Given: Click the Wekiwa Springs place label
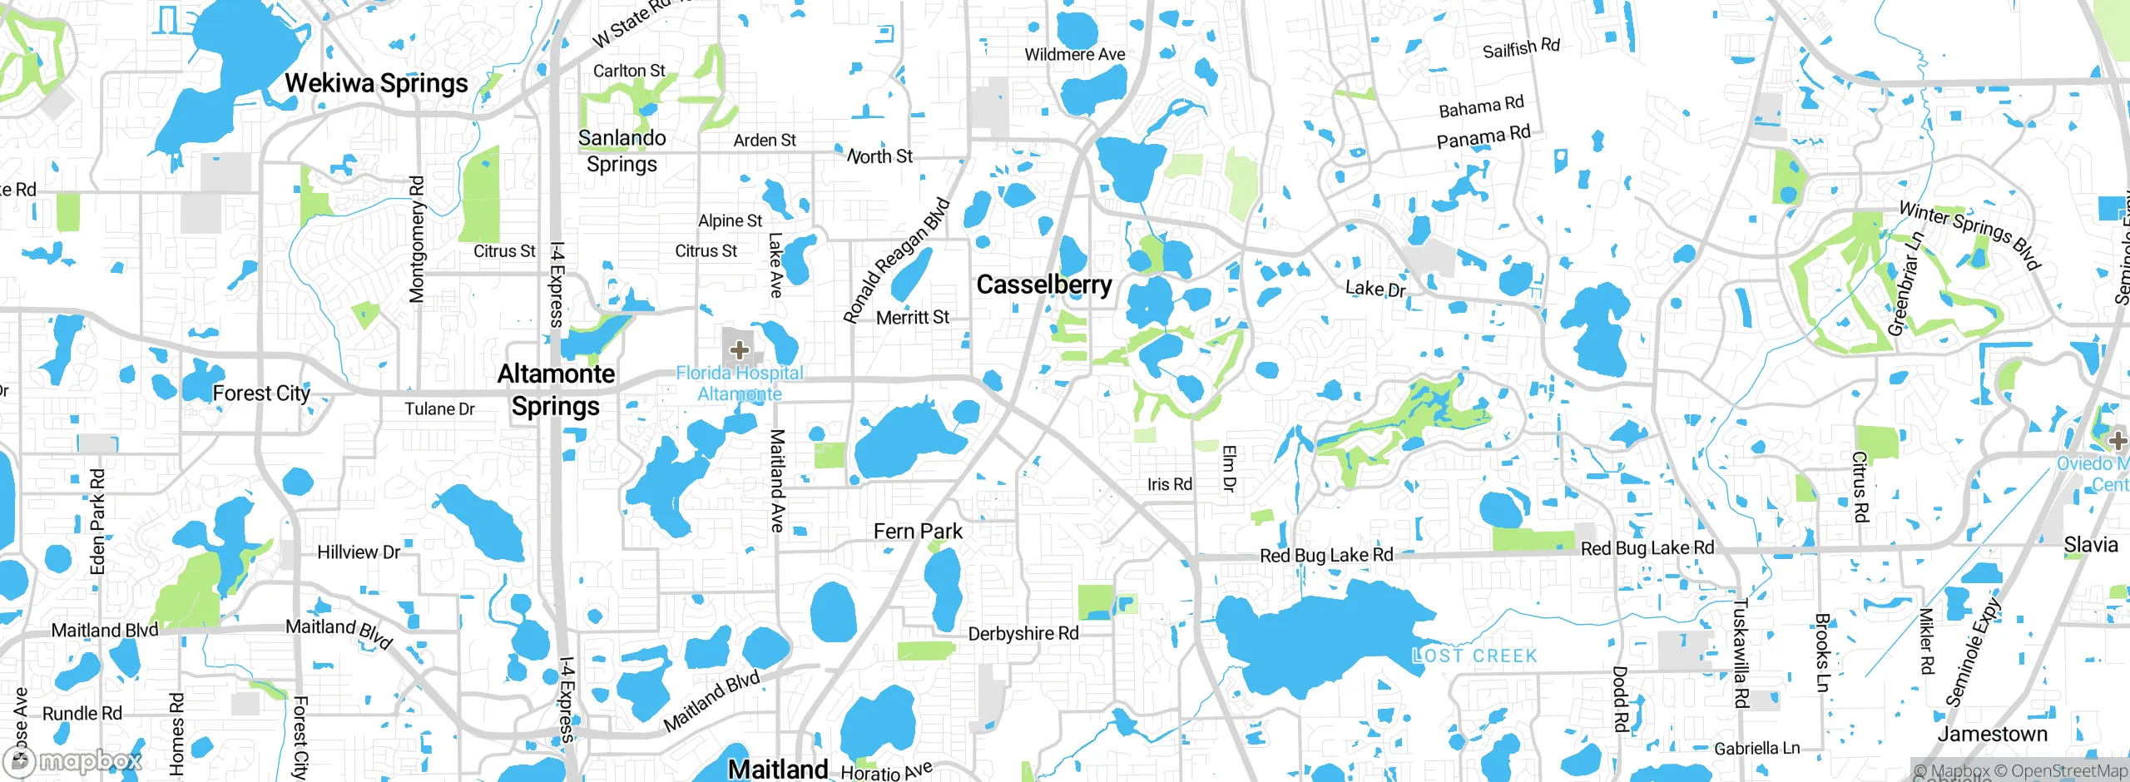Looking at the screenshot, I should tap(376, 83).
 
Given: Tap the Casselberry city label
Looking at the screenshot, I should tap(1043, 285).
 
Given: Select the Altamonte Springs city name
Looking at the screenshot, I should tap(556, 390).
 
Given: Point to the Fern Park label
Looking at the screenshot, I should tap(918, 531).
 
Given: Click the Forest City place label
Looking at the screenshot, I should tap(261, 393).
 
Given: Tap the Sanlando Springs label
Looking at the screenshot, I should tap(622, 151).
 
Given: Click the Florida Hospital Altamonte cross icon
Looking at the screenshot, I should tap(739, 349).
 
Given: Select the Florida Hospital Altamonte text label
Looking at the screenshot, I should tap(740, 384).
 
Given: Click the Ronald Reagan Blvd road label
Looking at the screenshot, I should tap(896, 260).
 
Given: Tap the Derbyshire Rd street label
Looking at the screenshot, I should tap(1023, 633).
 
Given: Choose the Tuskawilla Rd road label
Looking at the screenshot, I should tap(1740, 653).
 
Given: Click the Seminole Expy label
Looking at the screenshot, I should tap(1971, 652).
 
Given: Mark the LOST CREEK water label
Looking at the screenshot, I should tap(1474, 656).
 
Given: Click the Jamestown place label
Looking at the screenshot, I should tap(1992, 734).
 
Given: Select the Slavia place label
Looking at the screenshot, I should tap(2090, 545).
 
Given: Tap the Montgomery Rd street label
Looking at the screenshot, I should tap(417, 239).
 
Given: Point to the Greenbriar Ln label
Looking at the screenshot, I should tap(1905, 284).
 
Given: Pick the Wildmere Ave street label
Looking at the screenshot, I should tap(1074, 55).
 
